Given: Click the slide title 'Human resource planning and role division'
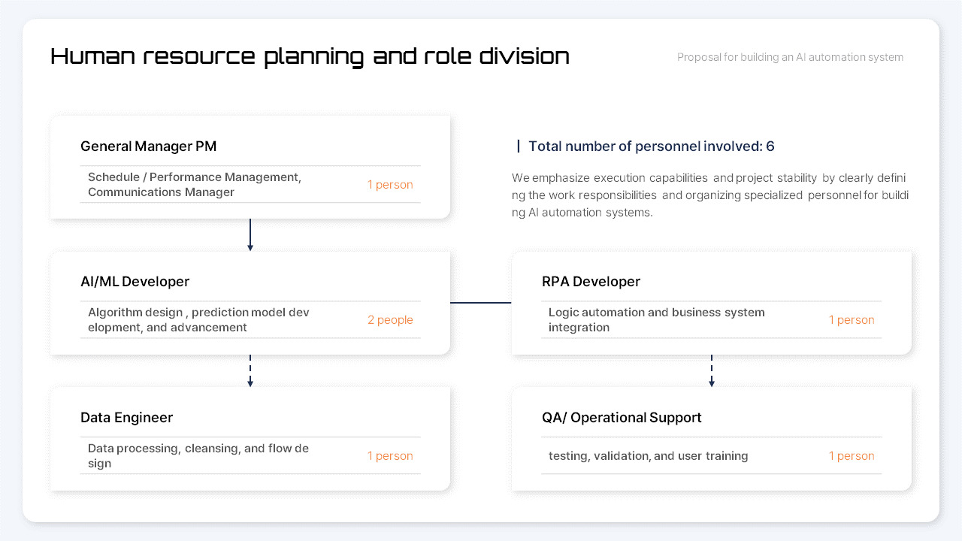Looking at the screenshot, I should point(310,56).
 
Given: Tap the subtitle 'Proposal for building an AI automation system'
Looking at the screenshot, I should point(790,57).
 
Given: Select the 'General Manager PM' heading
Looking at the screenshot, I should point(148,147).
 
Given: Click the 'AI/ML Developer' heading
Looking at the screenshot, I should point(135,282).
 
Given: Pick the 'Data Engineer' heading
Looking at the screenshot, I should point(126,418).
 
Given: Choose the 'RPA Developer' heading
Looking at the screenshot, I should point(591,282).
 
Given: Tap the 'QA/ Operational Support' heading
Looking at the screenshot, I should point(622,418).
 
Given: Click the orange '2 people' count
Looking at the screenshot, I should point(390,320).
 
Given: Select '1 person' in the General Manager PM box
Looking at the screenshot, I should point(390,185).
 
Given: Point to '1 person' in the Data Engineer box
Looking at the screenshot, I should point(390,456).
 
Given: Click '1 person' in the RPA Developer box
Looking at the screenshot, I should point(852,320).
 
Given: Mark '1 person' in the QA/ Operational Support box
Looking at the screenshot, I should point(852,456).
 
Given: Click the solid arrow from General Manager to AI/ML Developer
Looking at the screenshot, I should point(250,234).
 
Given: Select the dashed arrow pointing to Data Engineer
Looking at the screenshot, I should point(250,370).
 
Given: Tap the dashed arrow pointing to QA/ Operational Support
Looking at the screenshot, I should point(712,370).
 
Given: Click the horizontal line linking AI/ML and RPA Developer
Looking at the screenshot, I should point(481,303).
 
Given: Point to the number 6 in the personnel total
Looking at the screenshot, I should point(770,147).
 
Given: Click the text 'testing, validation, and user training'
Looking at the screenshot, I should point(648,456).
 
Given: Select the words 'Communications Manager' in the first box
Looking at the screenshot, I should point(161,192).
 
